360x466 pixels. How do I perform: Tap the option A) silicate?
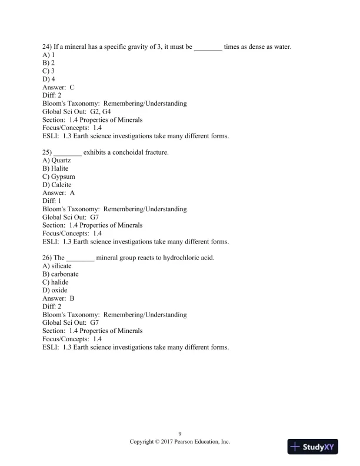point(57,266)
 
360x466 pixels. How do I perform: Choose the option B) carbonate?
point(60,274)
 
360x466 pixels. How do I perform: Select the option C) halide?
point(56,282)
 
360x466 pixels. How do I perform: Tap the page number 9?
point(179,434)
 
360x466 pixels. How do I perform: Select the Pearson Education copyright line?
point(179,441)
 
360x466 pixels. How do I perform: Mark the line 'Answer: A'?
point(58,192)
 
